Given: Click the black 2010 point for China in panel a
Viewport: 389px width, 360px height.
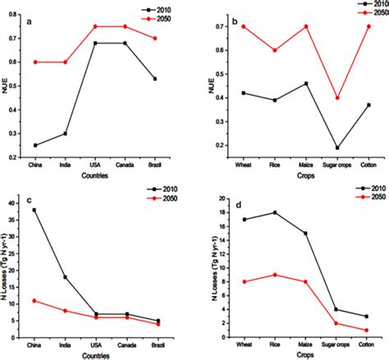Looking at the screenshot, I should [x=34, y=145].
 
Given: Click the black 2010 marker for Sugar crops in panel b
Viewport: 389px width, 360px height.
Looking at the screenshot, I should [x=315, y=148].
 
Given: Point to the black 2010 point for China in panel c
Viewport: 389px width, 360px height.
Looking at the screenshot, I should [x=34, y=210].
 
